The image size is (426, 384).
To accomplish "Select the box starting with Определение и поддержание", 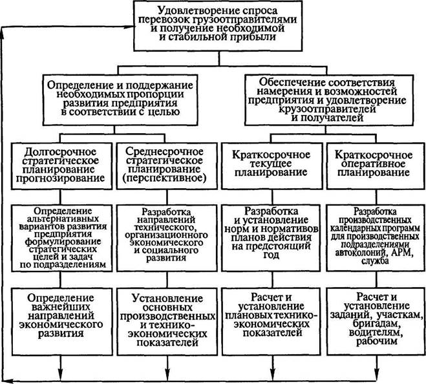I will [111, 98].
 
